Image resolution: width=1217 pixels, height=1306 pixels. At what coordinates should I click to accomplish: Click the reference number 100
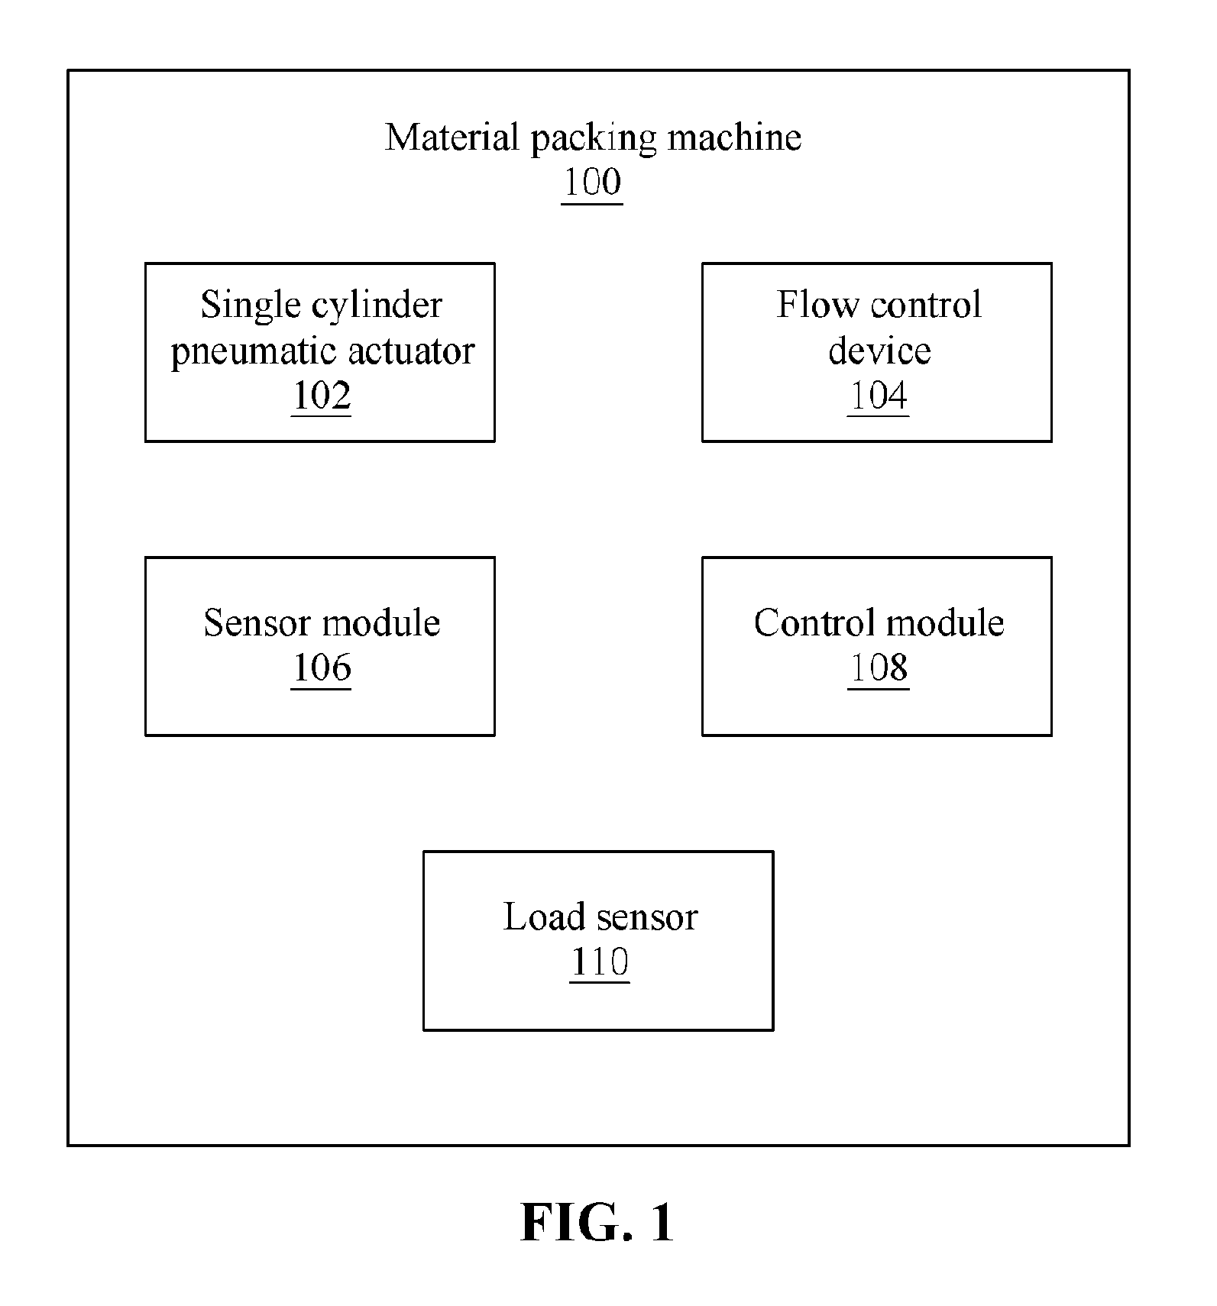pyautogui.click(x=592, y=182)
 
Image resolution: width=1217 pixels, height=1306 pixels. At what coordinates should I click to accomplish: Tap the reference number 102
pyautogui.click(x=322, y=395)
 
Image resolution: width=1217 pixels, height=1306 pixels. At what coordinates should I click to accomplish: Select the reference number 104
pyautogui.click(x=879, y=395)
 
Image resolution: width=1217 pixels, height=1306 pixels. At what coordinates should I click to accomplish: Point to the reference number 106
pyautogui.click(x=322, y=667)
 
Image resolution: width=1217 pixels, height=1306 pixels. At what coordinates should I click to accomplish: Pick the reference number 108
pyautogui.click(x=879, y=667)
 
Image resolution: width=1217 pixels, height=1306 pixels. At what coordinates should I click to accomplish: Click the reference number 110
pyautogui.click(x=600, y=961)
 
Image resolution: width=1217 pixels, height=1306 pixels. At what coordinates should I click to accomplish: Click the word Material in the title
pyautogui.click(x=452, y=137)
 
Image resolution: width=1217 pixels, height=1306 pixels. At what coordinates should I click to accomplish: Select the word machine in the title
pyautogui.click(x=734, y=137)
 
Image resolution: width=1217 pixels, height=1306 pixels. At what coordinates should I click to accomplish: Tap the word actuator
pyautogui.click(x=411, y=351)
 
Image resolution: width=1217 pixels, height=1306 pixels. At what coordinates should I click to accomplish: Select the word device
pyautogui.click(x=879, y=351)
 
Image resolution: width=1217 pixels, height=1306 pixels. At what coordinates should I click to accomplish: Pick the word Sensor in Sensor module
pyautogui.click(x=257, y=622)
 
